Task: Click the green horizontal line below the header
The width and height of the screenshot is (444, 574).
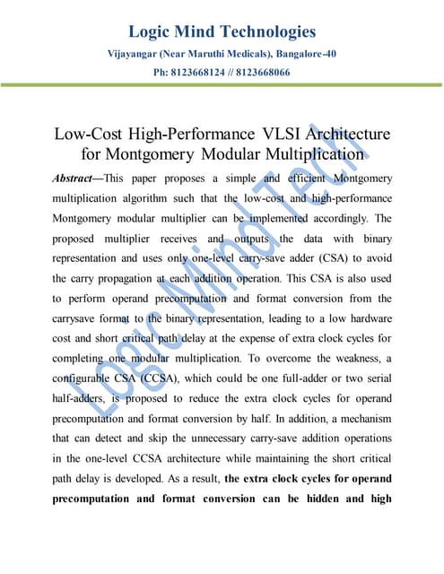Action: pyautogui.click(x=222, y=85)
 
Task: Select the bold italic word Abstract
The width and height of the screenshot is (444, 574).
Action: pyautogui.click(x=79, y=178)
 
